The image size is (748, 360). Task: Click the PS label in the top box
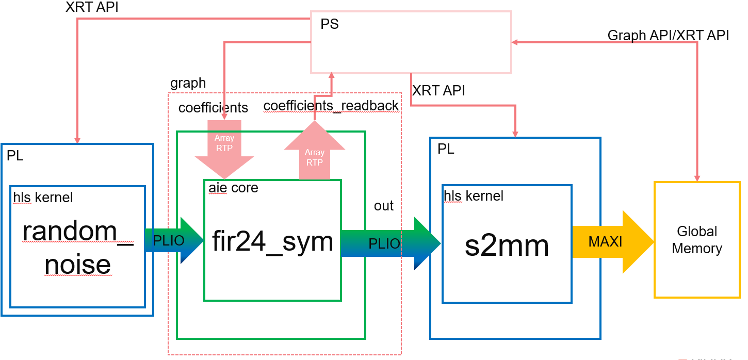[x=330, y=24]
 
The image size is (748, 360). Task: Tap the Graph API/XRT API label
[x=668, y=35]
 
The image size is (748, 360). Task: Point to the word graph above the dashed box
[x=188, y=83]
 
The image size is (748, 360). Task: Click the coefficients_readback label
[x=331, y=106]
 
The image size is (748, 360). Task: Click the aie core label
[x=233, y=188]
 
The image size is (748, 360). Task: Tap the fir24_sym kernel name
[x=272, y=241]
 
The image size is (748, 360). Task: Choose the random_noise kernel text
[x=77, y=248]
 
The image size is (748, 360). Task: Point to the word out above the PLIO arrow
[x=384, y=205]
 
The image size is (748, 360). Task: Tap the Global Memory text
[x=697, y=240]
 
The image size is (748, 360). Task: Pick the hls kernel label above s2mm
[x=474, y=196]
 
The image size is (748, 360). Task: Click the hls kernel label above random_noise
[x=43, y=197]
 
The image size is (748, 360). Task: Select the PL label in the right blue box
[x=446, y=150]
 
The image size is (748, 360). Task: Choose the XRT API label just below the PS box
[x=438, y=91]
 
